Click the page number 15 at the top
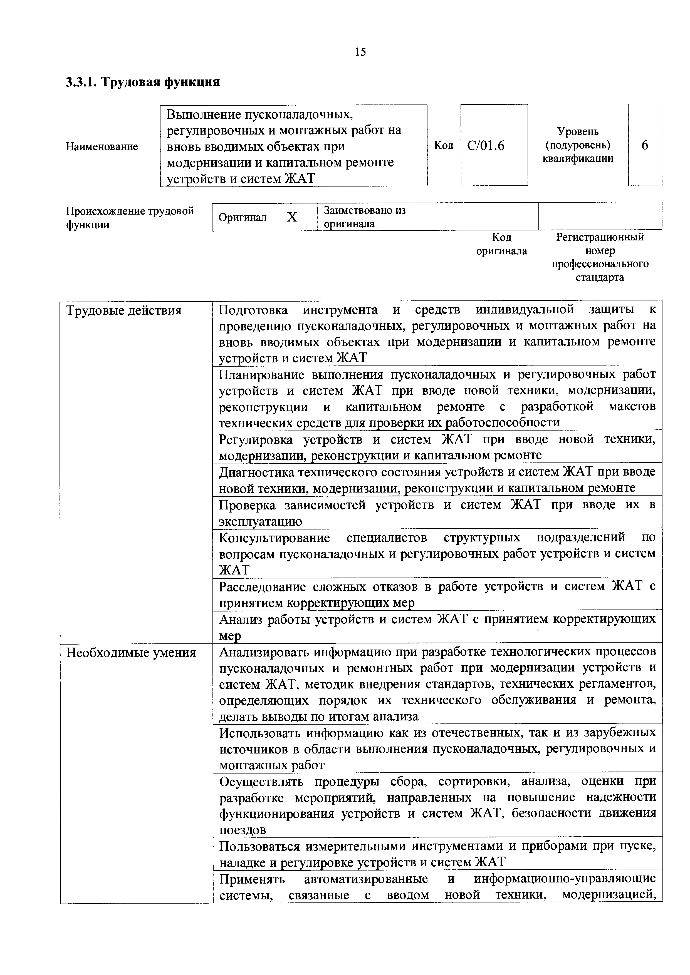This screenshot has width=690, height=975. tap(360, 52)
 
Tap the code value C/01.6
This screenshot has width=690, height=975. tap(486, 146)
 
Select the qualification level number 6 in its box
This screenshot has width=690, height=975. tap(645, 145)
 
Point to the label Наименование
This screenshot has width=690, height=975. tap(102, 146)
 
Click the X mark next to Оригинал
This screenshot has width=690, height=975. tap(292, 217)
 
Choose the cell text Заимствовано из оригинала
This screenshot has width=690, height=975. tap(365, 217)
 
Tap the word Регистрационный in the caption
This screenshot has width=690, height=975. tap(600, 237)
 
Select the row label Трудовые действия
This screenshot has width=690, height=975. tap(124, 311)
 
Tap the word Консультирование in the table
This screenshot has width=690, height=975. tap(274, 538)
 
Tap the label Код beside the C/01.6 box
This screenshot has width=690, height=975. tap(444, 146)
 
